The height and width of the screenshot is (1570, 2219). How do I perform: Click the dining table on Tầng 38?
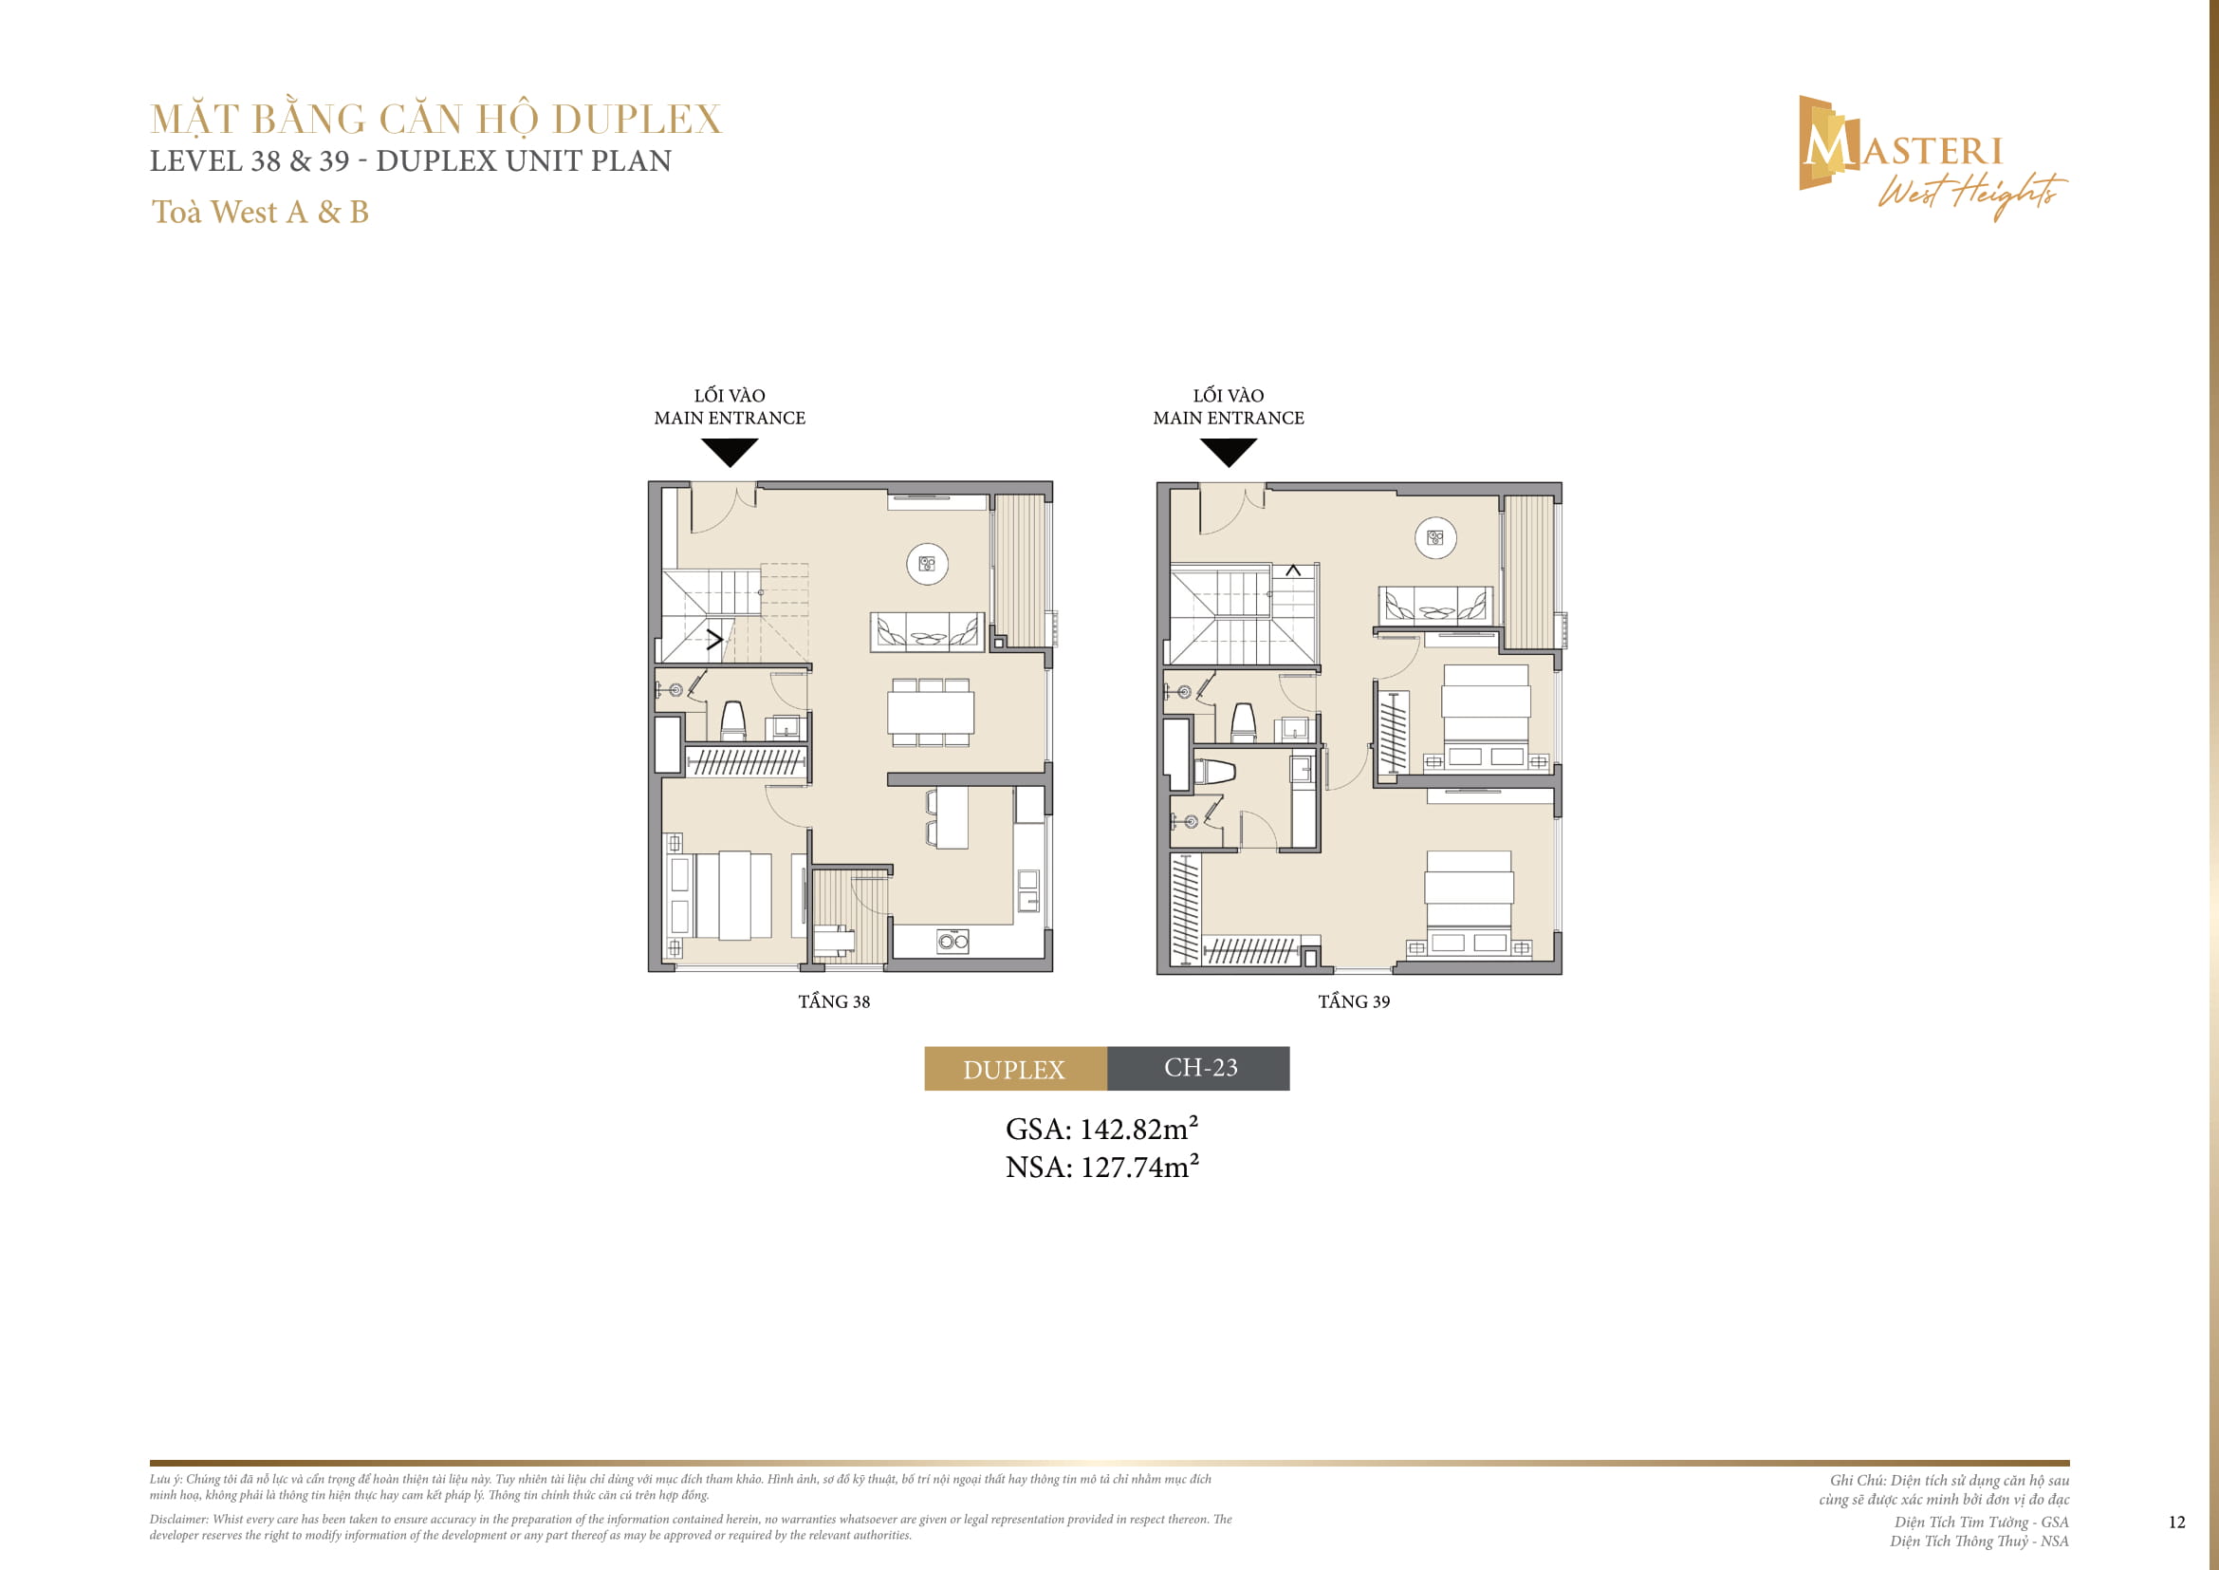click(x=931, y=714)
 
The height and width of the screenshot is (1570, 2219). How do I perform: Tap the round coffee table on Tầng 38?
click(x=927, y=564)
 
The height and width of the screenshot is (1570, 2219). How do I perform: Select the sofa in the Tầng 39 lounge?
click(x=1434, y=606)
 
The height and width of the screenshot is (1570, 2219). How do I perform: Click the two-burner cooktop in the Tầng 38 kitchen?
click(x=952, y=941)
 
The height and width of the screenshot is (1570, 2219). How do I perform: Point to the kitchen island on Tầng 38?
click(x=952, y=817)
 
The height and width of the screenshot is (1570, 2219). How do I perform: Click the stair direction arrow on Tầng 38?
click(x=715, y=639)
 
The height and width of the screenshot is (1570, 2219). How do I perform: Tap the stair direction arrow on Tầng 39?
click(x=1293, y=571)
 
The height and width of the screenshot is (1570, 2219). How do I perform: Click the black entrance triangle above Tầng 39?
click(x=1228, y=451)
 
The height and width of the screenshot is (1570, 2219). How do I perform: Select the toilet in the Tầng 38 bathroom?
click(x=733, y=720)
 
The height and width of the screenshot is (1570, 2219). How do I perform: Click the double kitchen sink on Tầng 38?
click(x=1028, y=890)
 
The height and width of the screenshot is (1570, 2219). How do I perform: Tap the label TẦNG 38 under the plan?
click(x=833, y=1001)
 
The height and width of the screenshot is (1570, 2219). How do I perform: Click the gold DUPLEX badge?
click(x=1015, y=1068)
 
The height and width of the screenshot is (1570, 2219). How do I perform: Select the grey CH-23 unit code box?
click(x=1198, y=1068)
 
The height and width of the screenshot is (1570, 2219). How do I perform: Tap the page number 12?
click(x=2176, y=1523)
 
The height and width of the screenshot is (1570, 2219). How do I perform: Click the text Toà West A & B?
click(x=260, y=212)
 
